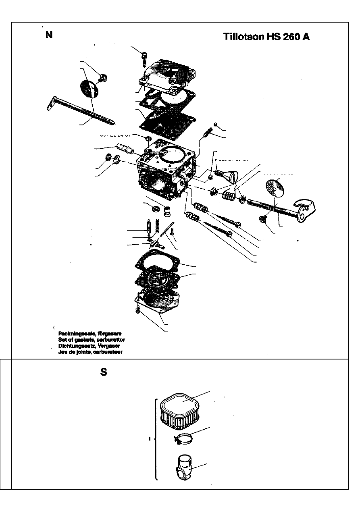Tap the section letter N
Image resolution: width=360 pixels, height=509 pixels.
(49, 35)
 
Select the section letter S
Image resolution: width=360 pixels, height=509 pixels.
(104, 372)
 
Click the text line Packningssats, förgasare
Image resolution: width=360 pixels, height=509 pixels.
(90, 334)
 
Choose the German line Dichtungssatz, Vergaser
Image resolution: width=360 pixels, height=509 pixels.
(89, 346)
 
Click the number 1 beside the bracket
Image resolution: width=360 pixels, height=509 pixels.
(150, 439)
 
